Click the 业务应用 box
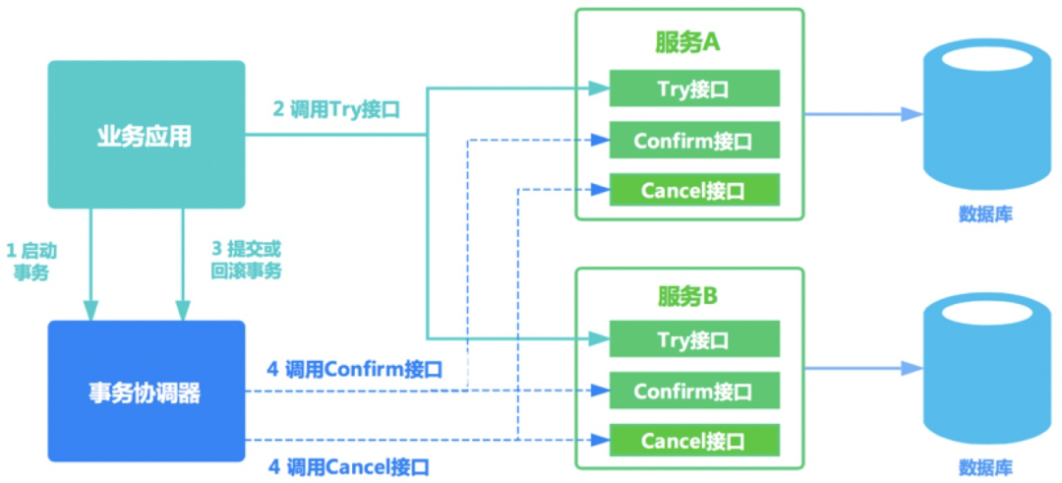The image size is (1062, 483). [147, 135]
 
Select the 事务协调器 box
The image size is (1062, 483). [147, 392]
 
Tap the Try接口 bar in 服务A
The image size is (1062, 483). [694, 89]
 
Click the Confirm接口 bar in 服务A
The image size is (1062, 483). [694, 141]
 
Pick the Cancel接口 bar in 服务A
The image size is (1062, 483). [694, 190]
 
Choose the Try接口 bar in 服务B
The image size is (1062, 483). [694, 340]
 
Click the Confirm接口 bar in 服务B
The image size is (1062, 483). [694, 392]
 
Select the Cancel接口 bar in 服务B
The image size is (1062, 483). [694, 440]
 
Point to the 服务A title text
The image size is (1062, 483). [689, 42]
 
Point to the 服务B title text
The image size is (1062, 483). [689, 295]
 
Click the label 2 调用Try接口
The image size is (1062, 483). [336, 109]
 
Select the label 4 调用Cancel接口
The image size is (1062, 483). [348, 466]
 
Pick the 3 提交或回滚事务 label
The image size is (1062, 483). [246, 261]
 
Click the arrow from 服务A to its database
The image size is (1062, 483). [863, 115]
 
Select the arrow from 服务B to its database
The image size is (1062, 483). [863, 369]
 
